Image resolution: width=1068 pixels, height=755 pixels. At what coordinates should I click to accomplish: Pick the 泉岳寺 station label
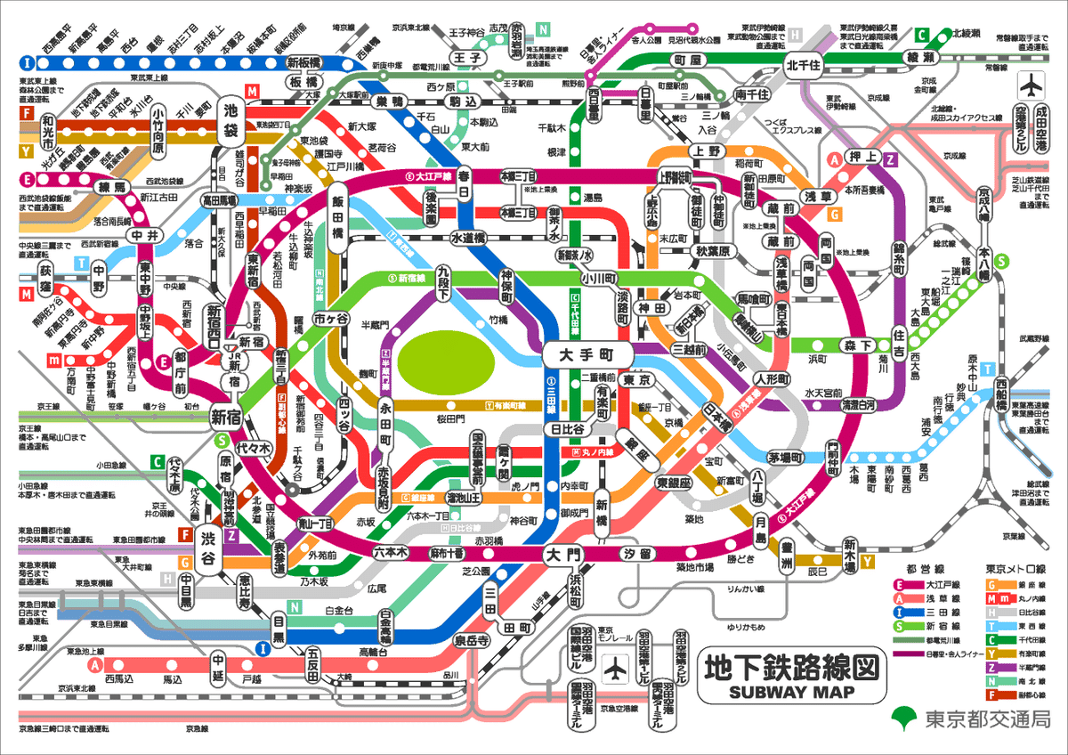tap(472, 640)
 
